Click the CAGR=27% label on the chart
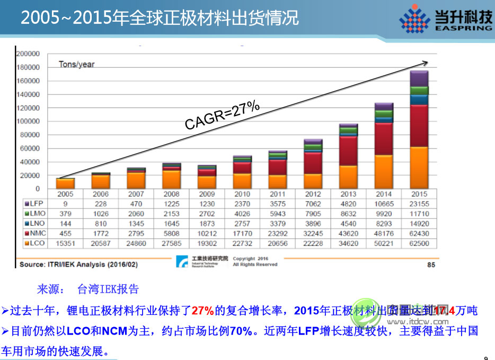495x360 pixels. [222, 116]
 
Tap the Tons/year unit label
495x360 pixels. [76, 65]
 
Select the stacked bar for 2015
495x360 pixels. [419, 130]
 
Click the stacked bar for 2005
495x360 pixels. [66, 183]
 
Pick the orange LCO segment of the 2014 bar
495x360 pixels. [384, 172]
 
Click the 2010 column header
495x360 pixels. [242, 194]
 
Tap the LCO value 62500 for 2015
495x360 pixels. [419, 244]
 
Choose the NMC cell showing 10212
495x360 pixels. [206, 234]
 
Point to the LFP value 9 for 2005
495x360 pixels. [65, 204]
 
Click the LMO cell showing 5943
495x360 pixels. [277, 214]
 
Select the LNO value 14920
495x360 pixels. [419, 224]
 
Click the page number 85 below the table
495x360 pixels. [431, 264]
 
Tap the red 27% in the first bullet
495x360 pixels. [202, 310]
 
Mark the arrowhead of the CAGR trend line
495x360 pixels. [425, 63]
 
